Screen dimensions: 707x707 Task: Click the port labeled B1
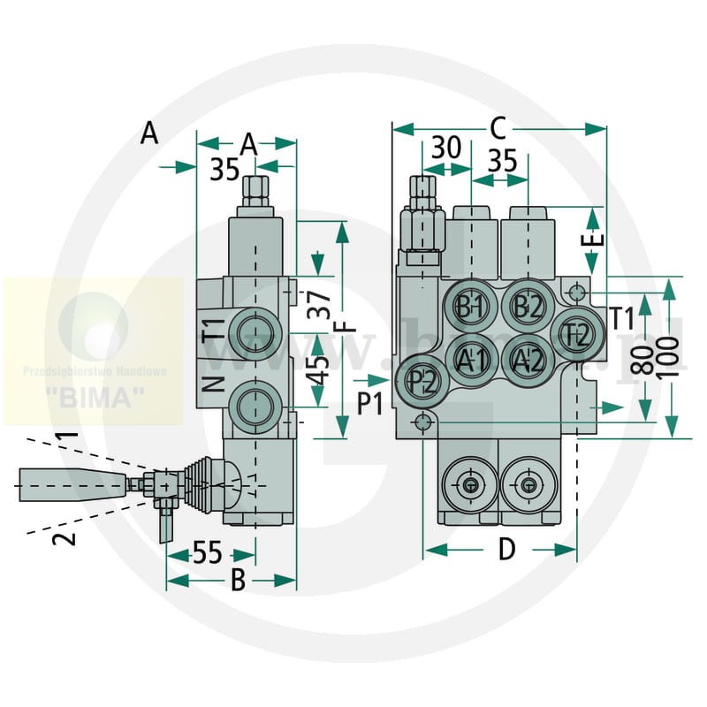pos(469,307)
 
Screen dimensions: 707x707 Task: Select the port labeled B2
pos(527,307)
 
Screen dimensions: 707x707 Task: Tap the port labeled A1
pos(472,359)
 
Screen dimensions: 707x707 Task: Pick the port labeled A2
pos(528,359)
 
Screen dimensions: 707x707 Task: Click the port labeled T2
pos(576,334)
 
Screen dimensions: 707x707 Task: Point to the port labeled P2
pos(422,381)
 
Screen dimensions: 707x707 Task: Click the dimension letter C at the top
pos(497,129)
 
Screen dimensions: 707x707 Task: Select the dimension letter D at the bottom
pos(506,550)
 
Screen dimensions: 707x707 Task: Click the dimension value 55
pos(207,553)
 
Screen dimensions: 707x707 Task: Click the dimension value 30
pos(446,148)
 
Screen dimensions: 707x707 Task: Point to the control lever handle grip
pos(55,483)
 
